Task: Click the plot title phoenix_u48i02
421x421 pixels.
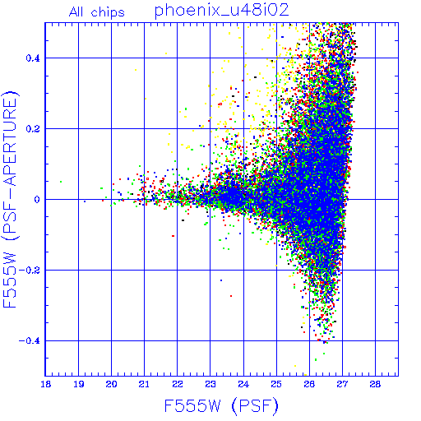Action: (x=221, y=11)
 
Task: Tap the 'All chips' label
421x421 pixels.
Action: (x=97, y=12)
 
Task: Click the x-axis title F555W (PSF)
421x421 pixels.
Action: (x=221, y=405)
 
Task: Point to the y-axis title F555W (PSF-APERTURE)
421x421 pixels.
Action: (x=10, y=200)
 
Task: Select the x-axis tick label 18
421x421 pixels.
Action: (x=46, y=384)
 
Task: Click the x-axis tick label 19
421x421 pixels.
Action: (x=79, y=384)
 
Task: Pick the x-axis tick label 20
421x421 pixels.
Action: (x=112, y=384)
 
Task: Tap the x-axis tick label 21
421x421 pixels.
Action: (x=145, y=384)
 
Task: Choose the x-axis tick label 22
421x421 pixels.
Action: (x=178, y=384)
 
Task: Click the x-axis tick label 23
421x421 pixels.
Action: (x=210, y=384)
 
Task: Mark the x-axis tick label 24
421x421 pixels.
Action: (x=243, y=384)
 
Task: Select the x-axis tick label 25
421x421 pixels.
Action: (x=276, y=384)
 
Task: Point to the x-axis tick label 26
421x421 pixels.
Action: (x=309, y=384)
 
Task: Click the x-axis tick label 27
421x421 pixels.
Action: (x=342, y=384)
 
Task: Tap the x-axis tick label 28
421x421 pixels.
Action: (x=375, y=384)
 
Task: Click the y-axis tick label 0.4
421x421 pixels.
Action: (x=33, y=58)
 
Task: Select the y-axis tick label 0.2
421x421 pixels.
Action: (x=33, y=129)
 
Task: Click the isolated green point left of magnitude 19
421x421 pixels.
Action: (x=61, y=182)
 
